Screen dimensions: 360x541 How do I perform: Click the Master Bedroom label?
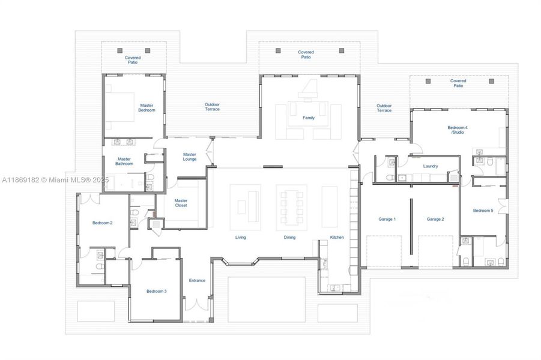coord(147,107)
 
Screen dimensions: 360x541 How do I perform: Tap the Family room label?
coord(308,118)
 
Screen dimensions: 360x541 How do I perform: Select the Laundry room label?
coord(430,166)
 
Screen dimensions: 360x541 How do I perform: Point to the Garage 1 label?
coord(387,219)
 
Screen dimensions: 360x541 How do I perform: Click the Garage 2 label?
coord(435,219)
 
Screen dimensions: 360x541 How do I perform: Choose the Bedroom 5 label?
coord(483,211)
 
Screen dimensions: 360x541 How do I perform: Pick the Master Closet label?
coord(181,203)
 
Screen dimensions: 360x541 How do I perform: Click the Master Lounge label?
coord(190,157)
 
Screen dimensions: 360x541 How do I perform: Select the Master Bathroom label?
coord(124,161)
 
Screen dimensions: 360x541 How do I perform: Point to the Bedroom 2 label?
coord(102,223)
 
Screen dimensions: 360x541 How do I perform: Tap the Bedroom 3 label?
coord(156,292)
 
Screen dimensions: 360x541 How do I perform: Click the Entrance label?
coord(197,280)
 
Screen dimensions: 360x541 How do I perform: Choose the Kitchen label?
coord(337,238)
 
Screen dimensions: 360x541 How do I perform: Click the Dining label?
coord(289,238)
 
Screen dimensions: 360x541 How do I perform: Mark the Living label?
coord(240,238)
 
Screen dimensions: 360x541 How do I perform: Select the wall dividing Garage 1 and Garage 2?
coord(411,225)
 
